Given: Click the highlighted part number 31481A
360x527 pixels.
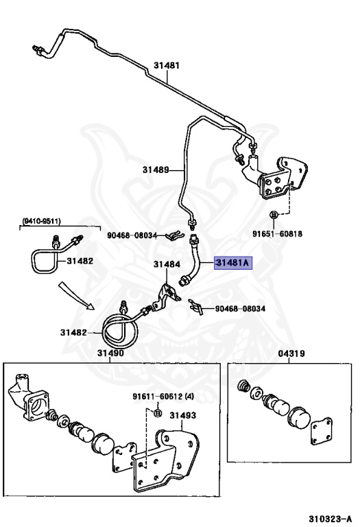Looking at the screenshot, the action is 233,263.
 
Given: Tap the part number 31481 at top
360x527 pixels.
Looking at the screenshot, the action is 167,65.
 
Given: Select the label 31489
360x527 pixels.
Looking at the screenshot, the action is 156,169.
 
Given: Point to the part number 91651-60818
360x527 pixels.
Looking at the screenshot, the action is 278,233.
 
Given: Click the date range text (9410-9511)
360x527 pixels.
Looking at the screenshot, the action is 41,221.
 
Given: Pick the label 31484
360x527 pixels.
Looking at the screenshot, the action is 167,264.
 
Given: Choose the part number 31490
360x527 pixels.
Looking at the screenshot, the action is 110,353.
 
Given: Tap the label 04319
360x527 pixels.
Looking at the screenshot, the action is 291,353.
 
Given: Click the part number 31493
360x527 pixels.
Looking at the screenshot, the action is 182,415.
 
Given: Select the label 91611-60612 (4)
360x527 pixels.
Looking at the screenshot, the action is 163,397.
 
